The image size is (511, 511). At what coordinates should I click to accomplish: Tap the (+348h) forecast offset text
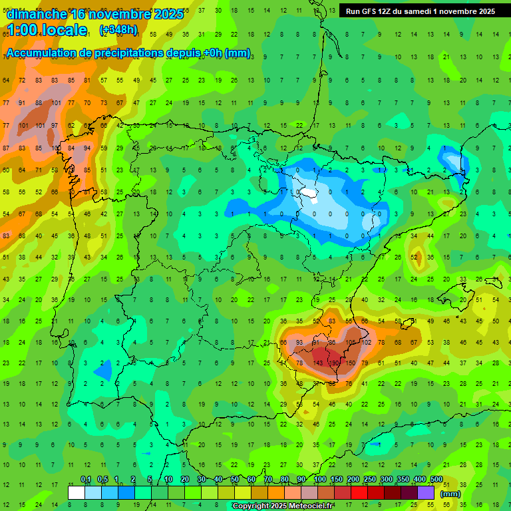[118, 30]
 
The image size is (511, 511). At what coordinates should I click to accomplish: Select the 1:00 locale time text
[47, 30]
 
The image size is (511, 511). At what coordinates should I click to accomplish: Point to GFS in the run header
[370, 11]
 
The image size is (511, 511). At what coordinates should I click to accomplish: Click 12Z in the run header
[389, 11]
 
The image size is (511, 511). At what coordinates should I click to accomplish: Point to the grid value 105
[350, 342]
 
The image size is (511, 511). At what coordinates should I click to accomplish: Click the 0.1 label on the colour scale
[85, 480]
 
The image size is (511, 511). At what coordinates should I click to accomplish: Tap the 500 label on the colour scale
[436, 480]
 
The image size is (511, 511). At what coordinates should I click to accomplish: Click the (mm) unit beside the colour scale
[451, 494]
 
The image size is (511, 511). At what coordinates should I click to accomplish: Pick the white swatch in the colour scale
[77, 492]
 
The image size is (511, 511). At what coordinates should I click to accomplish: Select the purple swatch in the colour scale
[426, 492]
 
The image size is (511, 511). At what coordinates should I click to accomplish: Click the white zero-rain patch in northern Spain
[309, 194]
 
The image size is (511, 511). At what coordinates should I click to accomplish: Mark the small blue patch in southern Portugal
[103, 370]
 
